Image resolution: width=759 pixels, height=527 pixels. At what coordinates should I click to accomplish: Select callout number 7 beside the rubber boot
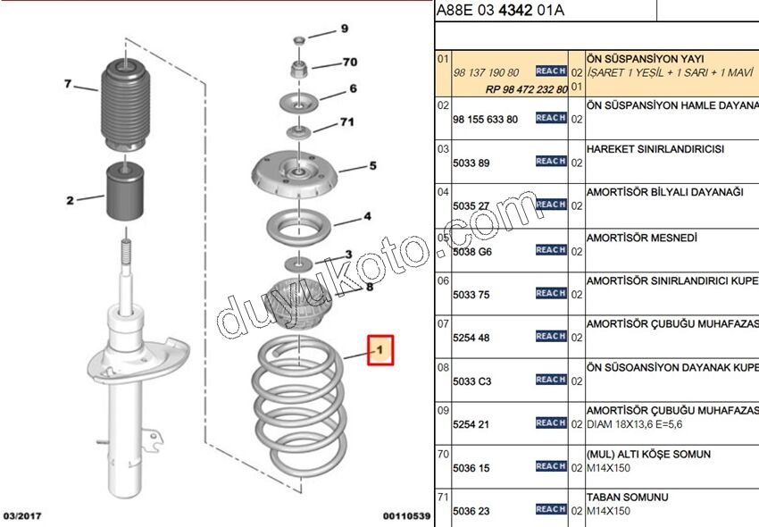coord(67,84)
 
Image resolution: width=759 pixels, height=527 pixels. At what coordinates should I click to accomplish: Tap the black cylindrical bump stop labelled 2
coord(125,193)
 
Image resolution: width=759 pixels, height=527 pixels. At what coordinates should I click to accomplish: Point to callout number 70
coord(349,63)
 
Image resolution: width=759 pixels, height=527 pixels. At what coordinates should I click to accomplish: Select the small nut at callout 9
coord(299,42)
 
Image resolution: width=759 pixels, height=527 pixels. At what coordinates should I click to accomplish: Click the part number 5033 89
coord(472,163)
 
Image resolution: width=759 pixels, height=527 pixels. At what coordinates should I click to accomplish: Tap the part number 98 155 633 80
coord(486,119)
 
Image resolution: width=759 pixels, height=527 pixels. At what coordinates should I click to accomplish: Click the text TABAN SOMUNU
coord(626,498)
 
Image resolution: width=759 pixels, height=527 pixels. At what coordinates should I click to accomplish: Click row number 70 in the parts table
coord(443,454)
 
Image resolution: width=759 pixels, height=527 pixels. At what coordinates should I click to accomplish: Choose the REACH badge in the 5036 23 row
coord(551,509)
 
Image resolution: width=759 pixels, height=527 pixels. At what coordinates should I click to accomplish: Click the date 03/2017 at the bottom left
coord(23,516)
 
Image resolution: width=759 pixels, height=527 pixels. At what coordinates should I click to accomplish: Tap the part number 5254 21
coord(471,424)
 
